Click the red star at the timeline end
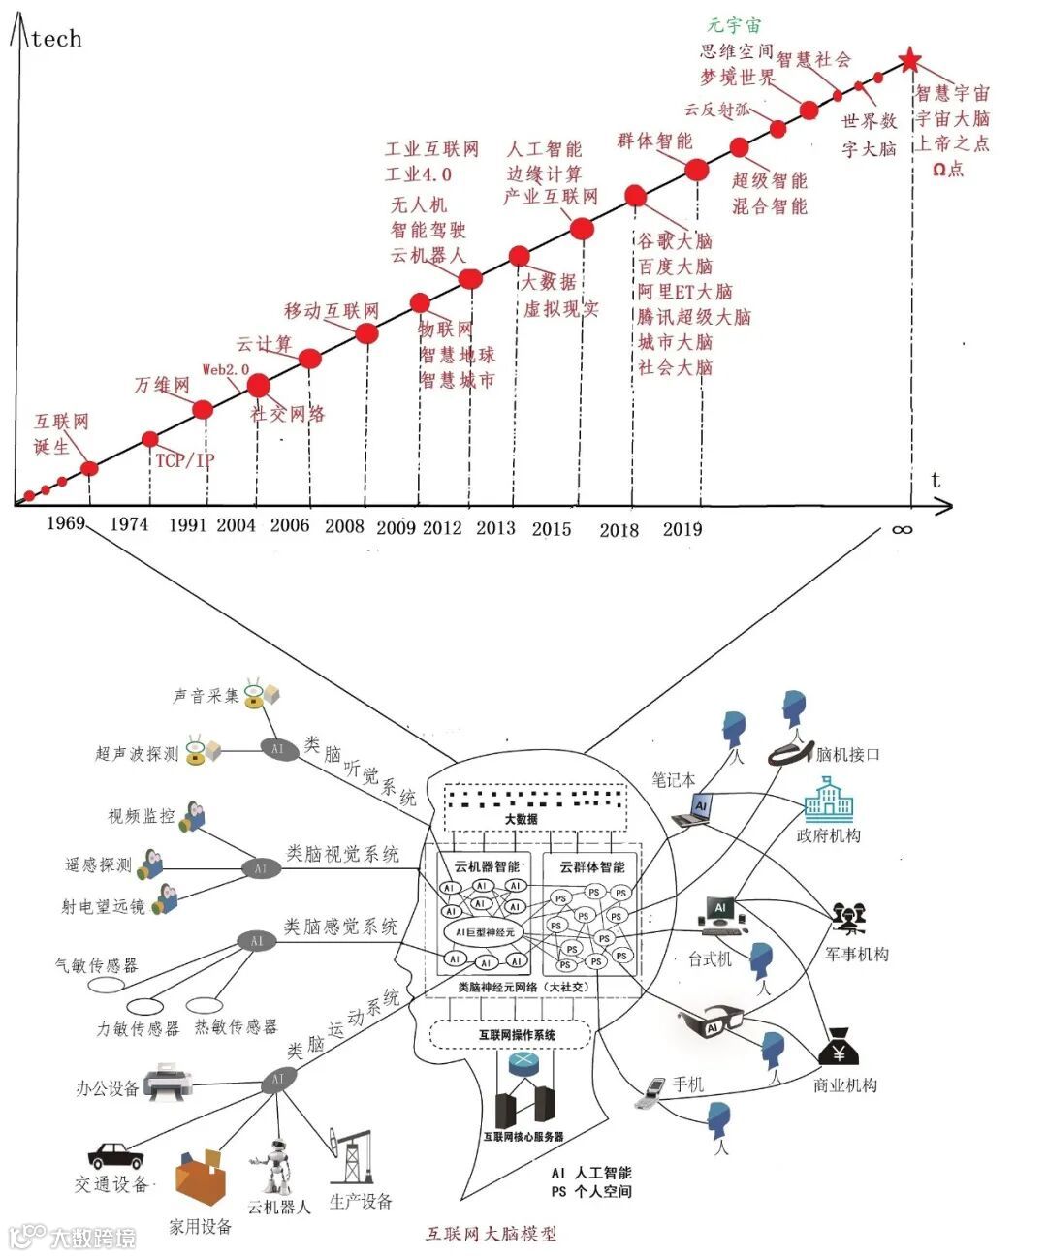click(x=908, y=61)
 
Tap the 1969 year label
click(x=66, y=523)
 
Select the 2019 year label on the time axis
click(x=682, y=529)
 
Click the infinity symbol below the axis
click(x=902, y=529)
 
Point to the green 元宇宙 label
click(x=734, y=26)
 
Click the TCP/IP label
click(x=184, y=460)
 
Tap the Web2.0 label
click(x=225, y=369)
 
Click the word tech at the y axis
click(x=56, y=39)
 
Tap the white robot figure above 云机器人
click(x=278, y=1168)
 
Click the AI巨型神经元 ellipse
click(x=485, y=932)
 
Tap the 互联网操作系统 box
click(x=510, y=1034)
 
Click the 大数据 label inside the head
click(x=521, y=819)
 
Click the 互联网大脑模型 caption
click(x=492, y=1234)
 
